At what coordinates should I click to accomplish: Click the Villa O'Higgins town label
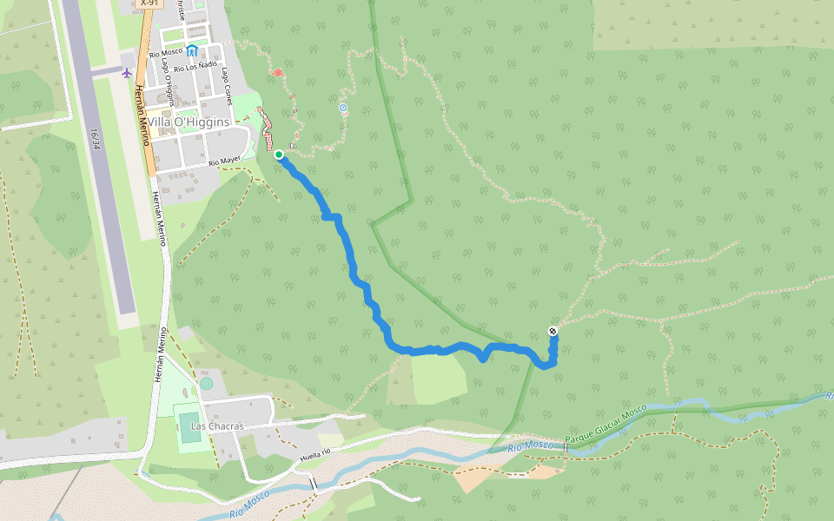189,122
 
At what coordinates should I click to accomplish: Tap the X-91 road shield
149,3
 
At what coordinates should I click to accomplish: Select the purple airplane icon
127,72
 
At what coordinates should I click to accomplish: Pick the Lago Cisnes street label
228,86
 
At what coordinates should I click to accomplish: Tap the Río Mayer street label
224,162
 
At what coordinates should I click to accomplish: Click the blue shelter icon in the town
191,51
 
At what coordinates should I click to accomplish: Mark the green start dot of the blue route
279,155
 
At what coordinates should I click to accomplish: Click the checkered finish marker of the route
553,331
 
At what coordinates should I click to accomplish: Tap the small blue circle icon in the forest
343,108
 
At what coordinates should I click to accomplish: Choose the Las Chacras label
217,426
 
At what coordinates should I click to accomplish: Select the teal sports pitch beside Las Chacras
189,425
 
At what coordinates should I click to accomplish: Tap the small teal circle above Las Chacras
206,383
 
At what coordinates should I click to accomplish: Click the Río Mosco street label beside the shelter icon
166,53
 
